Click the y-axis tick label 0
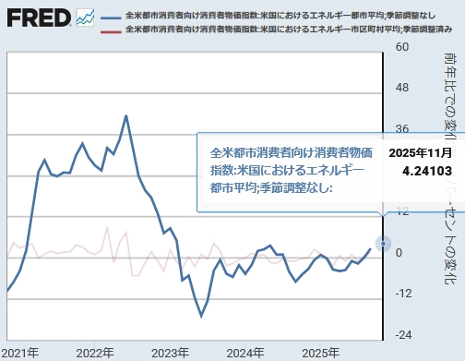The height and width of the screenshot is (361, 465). coord(399,252)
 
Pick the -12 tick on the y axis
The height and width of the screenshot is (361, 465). coord(403,294)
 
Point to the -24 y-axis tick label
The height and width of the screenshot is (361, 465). coord(403,334)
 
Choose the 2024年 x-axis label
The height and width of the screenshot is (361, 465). coord(244,353)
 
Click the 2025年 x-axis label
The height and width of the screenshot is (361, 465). coord(320,353)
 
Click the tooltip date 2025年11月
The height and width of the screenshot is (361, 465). coord(420,151)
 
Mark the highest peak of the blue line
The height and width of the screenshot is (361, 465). coord(126,115)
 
